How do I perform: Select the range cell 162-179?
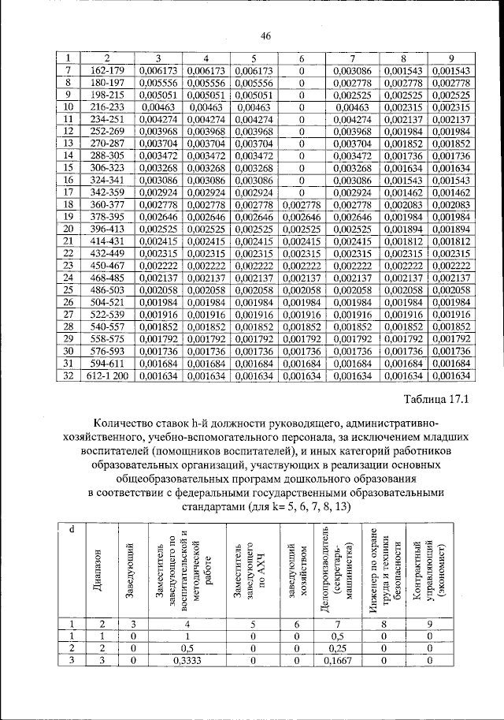tap(108, 72)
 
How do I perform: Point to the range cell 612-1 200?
tap(108, 377)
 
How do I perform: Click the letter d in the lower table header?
tap(72, 528)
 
